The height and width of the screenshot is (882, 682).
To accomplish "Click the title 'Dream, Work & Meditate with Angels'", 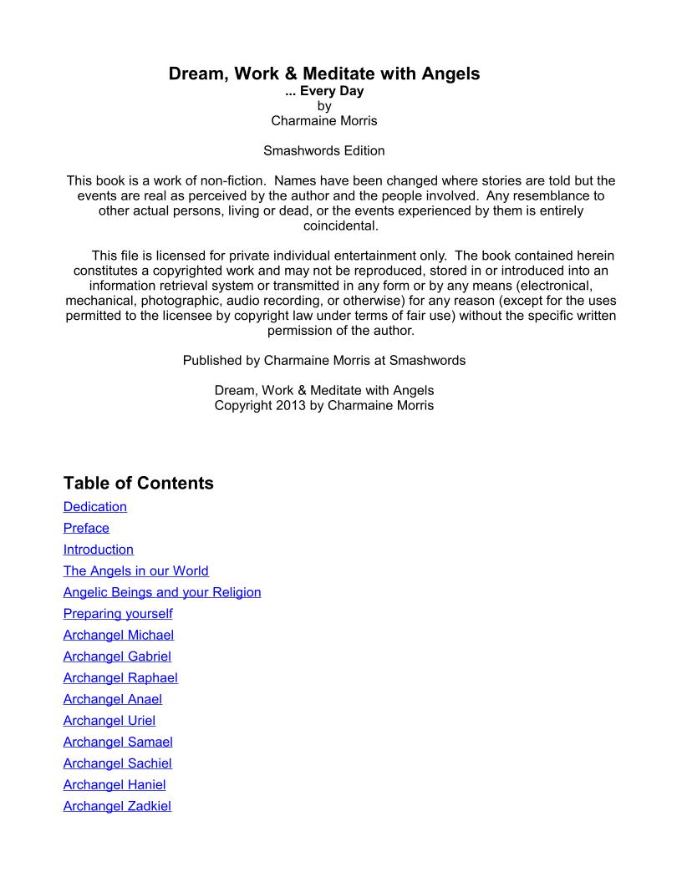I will (324, 73).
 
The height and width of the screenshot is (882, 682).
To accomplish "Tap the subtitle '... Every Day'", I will (324, 92).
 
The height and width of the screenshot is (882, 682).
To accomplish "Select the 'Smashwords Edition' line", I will (324, 151).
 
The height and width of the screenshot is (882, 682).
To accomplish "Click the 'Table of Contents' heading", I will (139, 483).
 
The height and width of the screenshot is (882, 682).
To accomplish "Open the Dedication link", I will (95, 506).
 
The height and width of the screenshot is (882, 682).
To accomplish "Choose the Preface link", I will (86, 528).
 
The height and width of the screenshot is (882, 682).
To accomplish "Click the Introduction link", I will (99, 550).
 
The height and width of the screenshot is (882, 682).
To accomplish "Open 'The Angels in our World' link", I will (136, 571).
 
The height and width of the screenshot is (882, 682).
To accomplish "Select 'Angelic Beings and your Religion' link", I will (162, 592).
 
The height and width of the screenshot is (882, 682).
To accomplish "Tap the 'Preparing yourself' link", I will (118, 614).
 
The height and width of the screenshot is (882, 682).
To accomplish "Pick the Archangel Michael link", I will (119, 636).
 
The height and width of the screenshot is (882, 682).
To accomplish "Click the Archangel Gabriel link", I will (117, 656).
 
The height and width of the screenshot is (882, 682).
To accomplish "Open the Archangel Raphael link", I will (120, 678).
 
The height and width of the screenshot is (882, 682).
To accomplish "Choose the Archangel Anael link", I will (113, 699).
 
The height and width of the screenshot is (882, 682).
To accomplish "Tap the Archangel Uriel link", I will (109, 721).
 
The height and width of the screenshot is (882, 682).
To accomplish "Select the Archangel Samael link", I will (118, 742).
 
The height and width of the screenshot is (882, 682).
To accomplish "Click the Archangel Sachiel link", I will (118, 763).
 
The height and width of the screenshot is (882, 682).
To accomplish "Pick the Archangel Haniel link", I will (115, 784).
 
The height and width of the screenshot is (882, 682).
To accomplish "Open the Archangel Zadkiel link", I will (117, 806).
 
